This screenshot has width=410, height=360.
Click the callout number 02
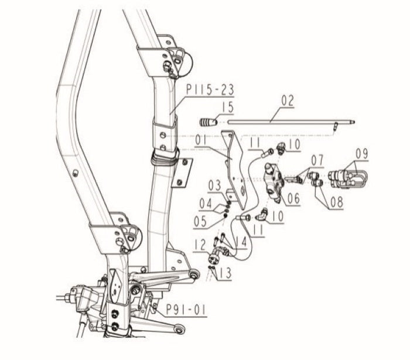tap(287, 101)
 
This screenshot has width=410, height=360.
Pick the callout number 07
tap(317, 159)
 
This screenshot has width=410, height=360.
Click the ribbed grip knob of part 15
tap(207, 122)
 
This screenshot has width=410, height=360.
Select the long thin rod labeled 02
tap(287, 121)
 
